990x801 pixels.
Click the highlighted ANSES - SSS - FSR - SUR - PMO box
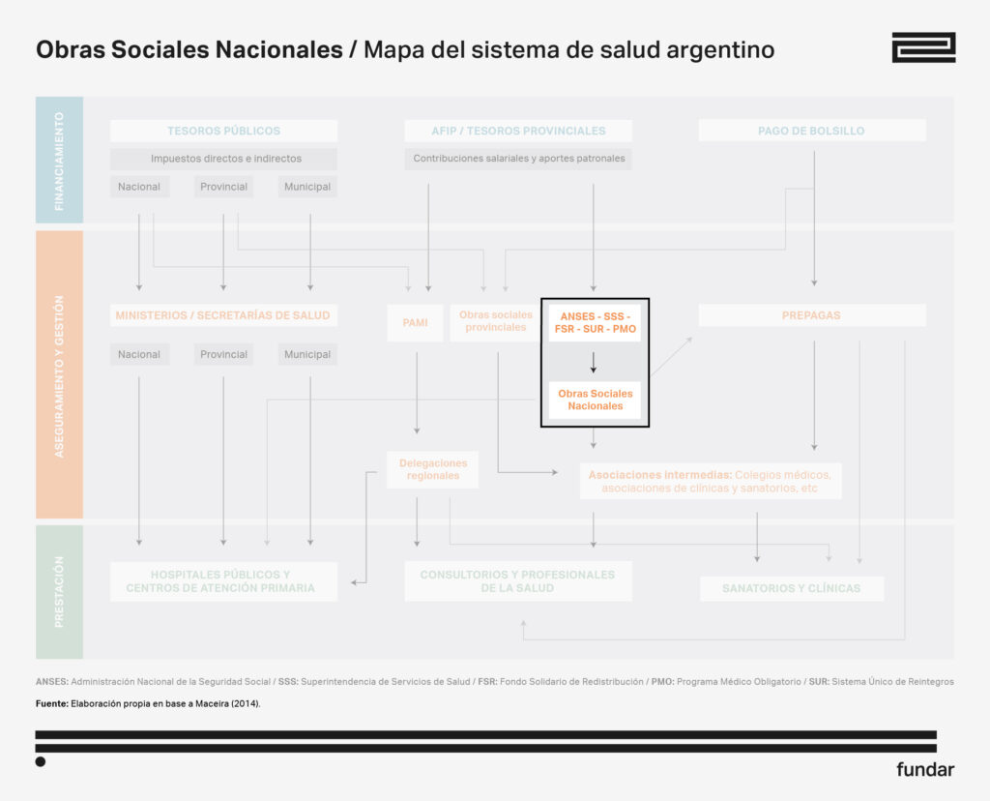(x=595, y=323)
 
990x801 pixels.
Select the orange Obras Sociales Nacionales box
(x=595, y=400)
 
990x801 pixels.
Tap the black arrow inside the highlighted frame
(x=594, y=363)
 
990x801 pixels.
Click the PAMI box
(x=415, y=322)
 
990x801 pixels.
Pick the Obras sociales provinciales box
(x=495, y=321)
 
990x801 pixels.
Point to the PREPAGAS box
(x=811, y=315)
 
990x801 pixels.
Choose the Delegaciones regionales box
(x=432, y=469)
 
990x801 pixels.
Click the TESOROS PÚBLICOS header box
(x=223, y=131)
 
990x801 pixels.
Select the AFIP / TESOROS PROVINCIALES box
(x=518, y=131)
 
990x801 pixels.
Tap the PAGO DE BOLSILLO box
(x=811, y=131)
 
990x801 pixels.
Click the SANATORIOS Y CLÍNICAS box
(x=791, y=588)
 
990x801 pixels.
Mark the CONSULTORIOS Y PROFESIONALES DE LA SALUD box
(x=517, y=581)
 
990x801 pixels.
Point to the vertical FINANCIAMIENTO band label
(x=59, y=161)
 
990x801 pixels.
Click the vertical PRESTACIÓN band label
(x=59, y=591)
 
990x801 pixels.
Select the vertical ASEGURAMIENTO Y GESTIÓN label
(x=59, y=375)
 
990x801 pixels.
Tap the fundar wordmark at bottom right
(x=924, y=770)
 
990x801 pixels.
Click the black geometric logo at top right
(x=922, y=47)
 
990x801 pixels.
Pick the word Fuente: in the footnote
(x=51, y=703)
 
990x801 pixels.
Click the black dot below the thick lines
(x=41, y=761)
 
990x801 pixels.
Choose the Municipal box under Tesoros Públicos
(x=308, y=187)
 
